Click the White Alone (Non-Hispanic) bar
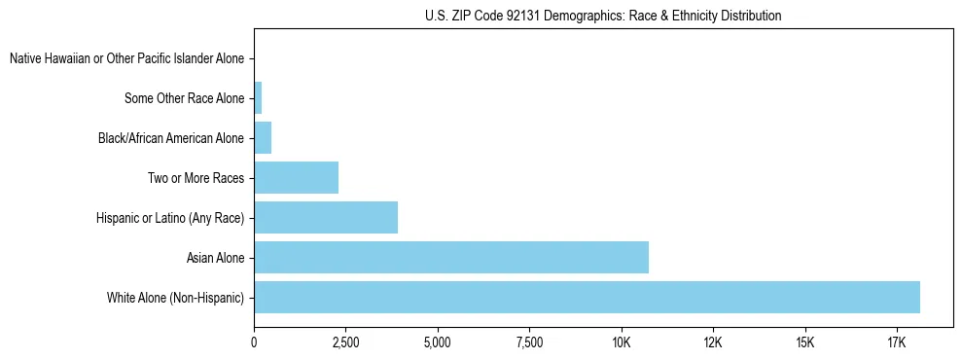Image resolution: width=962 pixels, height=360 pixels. pyautogui.click(x=587, y=297)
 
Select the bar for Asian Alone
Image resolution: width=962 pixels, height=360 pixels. pyautogui.click(x=450, y=258)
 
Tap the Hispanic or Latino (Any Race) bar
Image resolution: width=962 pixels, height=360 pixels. pyautogui.click(x=326, y=217)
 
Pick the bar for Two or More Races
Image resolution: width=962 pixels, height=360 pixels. pyautogui.click(x=296, y=178)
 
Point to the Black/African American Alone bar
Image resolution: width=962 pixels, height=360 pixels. pyautogui.click(x=263, y=138)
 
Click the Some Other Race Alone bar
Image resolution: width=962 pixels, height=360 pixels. pyautogui.click(x=258, y=98)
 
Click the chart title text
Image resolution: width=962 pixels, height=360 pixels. pyautogui.click(x=603, y=16)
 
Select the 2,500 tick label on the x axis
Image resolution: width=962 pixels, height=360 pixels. pyautogui.click(x=345, y=343)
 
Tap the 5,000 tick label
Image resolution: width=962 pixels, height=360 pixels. pyautogui.click(x=438, y=343)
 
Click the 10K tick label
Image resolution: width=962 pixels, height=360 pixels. pyautogui.click(x=621, y=343)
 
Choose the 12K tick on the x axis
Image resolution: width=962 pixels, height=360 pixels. pyautogui.click(x=713, y=343)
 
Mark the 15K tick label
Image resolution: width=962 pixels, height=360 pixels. pyautogui.click(x=804, y=343)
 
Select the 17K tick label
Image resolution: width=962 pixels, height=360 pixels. pyautogui.click(x=896, y=343)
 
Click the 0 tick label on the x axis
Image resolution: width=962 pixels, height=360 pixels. pyautogui.click(x=254, y=343)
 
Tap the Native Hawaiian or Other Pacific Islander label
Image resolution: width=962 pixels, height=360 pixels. pyautogui.click(x=126, y=59)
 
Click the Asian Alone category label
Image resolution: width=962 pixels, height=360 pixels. pyautogui.click(x=215, y=258)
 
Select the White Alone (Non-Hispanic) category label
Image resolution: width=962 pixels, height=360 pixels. pyautogui.click(x=175, y=298)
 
